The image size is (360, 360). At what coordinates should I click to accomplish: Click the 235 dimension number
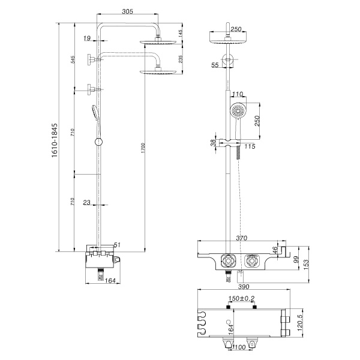coord(181,61)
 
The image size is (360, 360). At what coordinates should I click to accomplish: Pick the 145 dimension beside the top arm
coord(181,33)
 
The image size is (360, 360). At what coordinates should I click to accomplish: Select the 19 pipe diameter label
coord(87,38)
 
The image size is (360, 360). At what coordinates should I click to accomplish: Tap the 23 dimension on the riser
coord(87,203)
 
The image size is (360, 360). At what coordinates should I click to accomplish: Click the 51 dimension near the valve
coord(117,244)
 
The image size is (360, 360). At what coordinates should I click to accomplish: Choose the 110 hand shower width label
coord(238,94)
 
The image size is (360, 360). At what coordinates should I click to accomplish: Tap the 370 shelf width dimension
coord(241,238)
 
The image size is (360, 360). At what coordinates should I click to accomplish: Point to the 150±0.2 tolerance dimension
coord(241,298)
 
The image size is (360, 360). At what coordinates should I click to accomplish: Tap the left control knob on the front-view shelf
coord(229,261)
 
